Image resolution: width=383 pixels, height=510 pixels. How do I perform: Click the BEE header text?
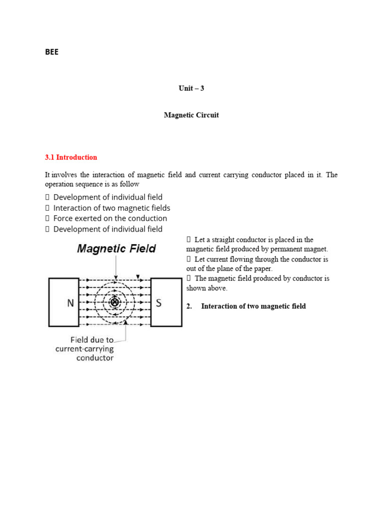click(x=52, y=52)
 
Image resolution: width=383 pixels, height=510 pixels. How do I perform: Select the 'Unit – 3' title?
click(x=191, y=88)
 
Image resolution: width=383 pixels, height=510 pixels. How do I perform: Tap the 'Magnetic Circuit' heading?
click(x=191, y=115)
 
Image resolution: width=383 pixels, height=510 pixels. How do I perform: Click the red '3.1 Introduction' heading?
click(x=71, y=157)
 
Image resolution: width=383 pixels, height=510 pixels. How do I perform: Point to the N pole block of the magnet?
click(x=63, y=302)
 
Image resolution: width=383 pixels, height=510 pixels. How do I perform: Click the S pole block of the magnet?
click(x=166, y=302)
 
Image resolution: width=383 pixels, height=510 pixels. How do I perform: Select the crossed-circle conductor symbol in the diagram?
click(x=115, y=302)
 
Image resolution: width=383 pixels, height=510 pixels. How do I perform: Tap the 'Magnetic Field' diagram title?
click(x=116, y=249)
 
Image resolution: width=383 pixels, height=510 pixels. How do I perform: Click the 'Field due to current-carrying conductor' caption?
click(x=84, y=349)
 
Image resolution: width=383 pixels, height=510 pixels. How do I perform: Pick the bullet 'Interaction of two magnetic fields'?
click(x=112, y=208)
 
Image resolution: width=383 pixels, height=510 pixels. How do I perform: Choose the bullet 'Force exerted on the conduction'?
click(x=110, y=218)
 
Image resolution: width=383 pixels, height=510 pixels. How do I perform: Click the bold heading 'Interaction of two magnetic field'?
click(x=253, y=306)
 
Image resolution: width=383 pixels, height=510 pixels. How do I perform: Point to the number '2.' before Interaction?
click(x=190, y=306)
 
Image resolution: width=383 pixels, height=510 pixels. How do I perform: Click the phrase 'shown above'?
click(x=206, y=288)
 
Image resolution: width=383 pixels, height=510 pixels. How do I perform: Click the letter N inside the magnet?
click(x=63, y=302)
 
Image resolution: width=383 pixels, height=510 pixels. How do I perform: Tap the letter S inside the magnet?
click(x=159, y=302)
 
